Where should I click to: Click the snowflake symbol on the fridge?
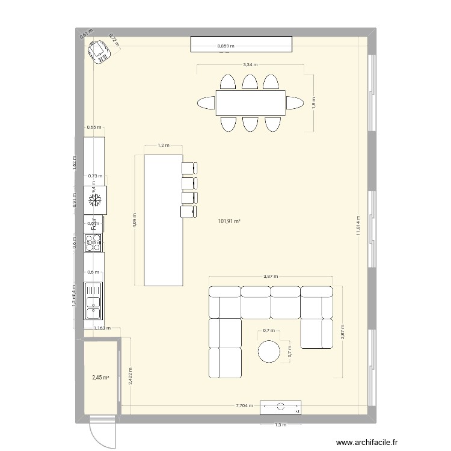[x=94, y=201]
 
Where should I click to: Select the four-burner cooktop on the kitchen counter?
[x=94, y=242]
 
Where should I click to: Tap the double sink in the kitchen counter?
[x=94, y=304]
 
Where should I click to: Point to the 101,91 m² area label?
[x=229, y=221]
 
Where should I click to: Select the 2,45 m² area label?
[x=100, y=378]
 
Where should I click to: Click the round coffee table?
[x=269, y=351]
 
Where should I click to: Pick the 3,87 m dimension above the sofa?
[x=271, y=275]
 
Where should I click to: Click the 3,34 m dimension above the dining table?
[x=250, y=64]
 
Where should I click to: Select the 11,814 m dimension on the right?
[x=358, y=226]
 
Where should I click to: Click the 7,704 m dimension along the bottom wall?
[x=245, y=406]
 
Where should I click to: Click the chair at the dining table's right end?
[x=295, y=103]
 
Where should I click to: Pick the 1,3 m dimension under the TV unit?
[x=281, y=425]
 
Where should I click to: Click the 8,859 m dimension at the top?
[x=226, y=45]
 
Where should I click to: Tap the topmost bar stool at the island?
[x=189, y=168]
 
